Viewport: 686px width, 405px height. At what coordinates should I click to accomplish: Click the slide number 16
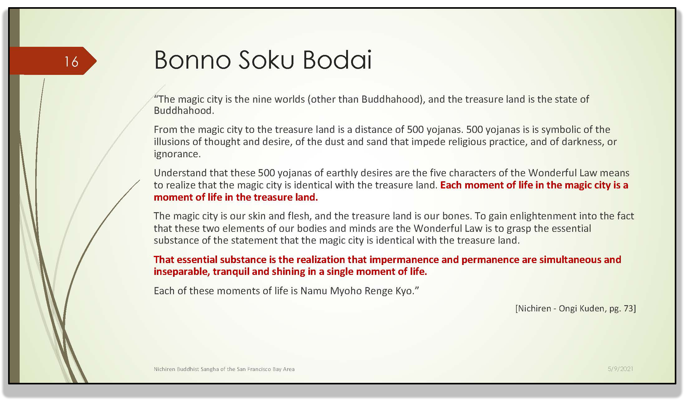click(71, 61)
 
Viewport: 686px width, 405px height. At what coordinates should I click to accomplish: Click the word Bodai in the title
click(337, 60)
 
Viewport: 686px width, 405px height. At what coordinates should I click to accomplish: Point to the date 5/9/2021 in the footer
click(620, 369)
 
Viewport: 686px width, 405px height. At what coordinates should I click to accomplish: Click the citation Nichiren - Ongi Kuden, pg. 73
click(576, 308)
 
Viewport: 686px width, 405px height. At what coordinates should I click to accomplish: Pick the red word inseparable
click(181, 272)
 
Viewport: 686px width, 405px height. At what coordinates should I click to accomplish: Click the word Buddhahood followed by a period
click(184, 111)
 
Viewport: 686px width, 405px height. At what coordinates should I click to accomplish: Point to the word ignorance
click(177, 154)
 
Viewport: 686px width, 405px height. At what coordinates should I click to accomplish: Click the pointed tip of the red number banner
click(96, 61)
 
